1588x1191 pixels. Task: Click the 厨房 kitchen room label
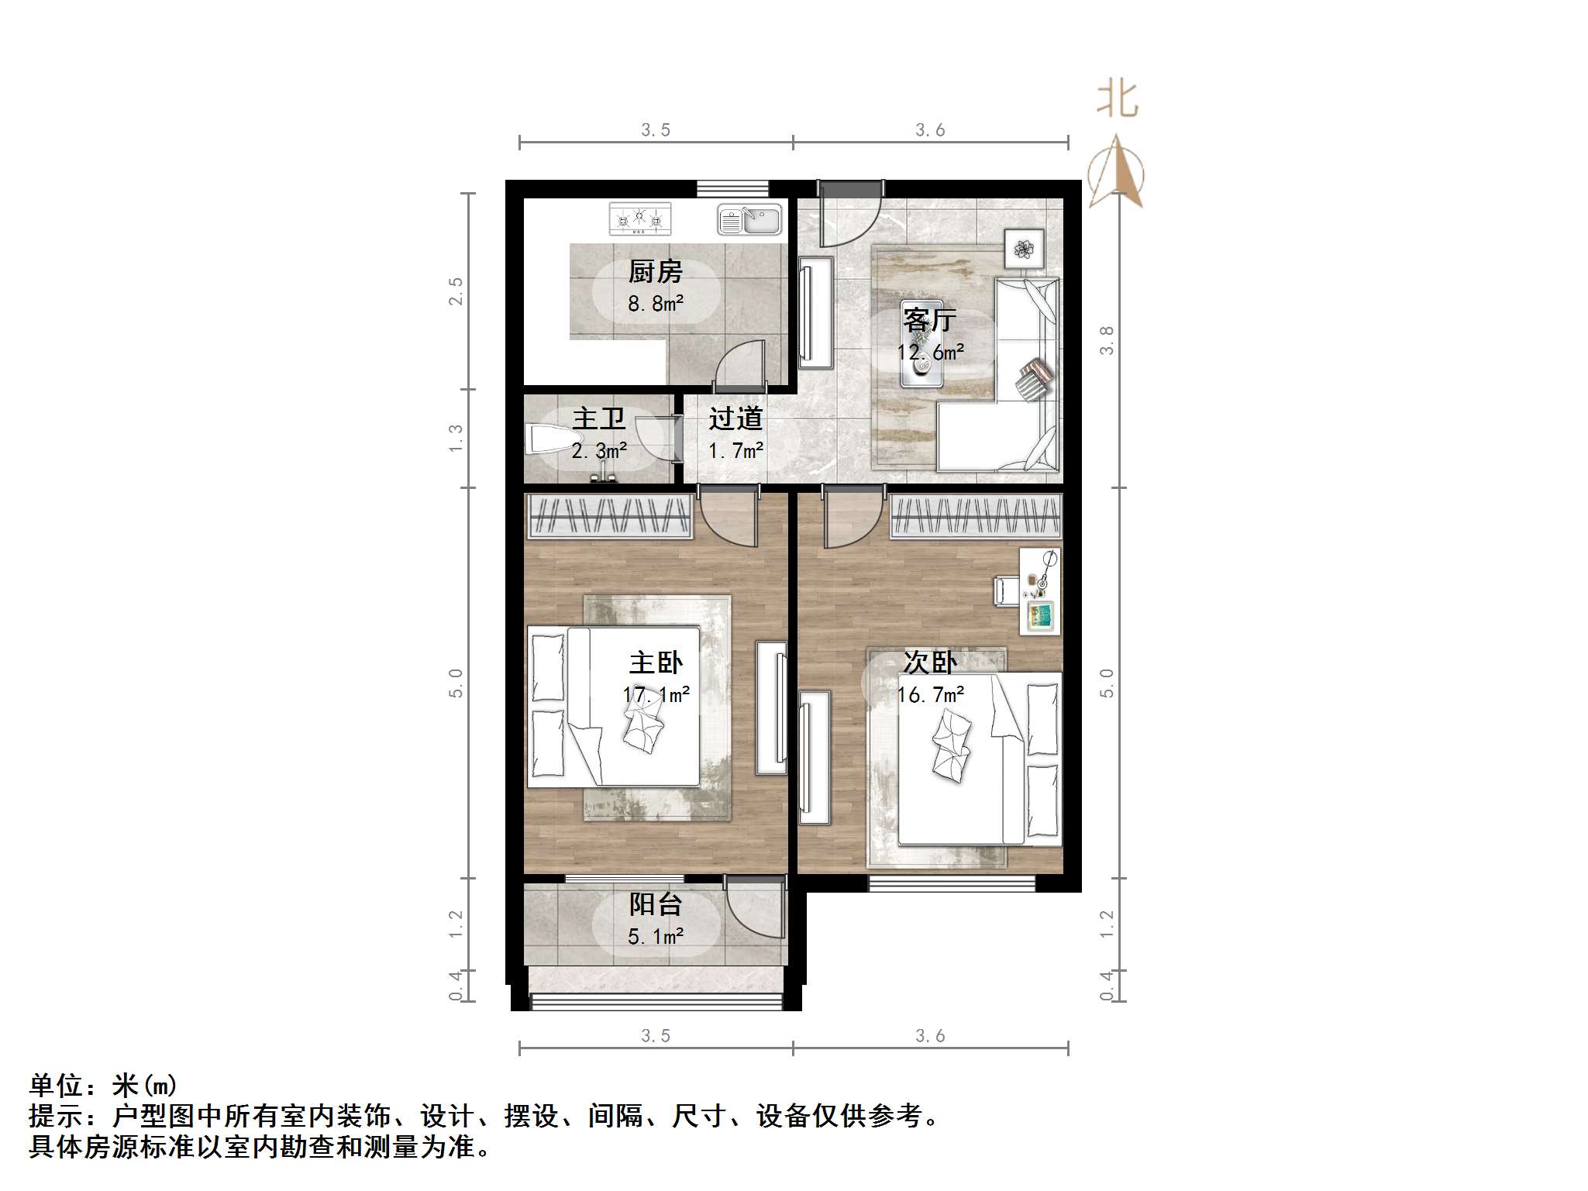(x=655, y=272)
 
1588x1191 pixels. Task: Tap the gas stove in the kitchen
(x=639, y=219)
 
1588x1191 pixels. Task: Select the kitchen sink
(x=749, y=220)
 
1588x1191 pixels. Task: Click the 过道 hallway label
(x=735, y=419)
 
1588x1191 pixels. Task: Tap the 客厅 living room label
(x=929, y=319)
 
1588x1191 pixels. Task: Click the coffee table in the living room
(x=921, y=344)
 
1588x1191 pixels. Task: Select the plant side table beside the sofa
(x=1024, y=249)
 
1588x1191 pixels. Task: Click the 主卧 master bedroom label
(x=656, y=663)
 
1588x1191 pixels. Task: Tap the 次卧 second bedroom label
(x=930, y=663)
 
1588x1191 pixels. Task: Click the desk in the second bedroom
(x=1040, y=591)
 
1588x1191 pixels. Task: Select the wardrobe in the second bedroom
(x=975, y=516)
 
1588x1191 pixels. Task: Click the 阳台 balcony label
(x=656, y=904)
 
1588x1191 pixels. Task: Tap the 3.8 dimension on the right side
(x=1107, y=340)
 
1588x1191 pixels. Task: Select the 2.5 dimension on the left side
(x=456, y=291)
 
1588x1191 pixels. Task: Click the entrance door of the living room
(x=850, y=213)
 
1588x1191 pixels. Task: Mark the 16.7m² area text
(x=930, y=694)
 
